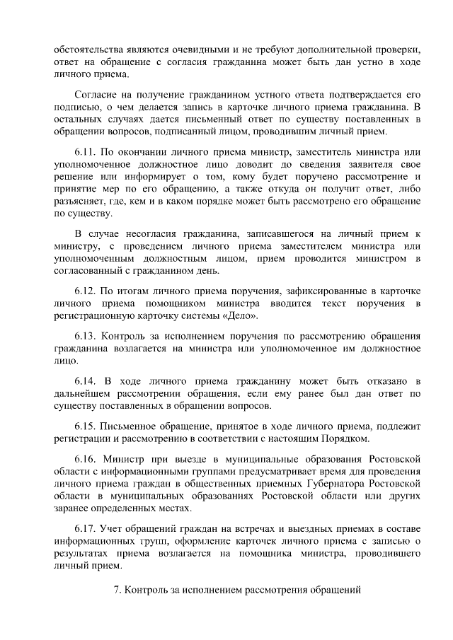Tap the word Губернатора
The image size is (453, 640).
coord(331,483)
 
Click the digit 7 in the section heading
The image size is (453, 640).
coord(117,588)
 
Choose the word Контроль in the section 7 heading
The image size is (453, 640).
coord(147,588)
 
